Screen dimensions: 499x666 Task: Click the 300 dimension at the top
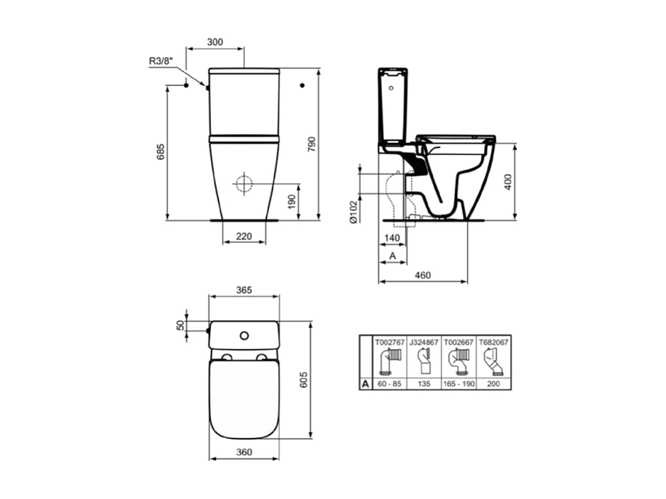pos(214,42)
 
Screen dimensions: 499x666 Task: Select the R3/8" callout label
pos(161,61)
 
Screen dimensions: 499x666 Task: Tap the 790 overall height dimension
pos(311,144)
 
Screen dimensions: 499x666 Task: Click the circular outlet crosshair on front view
pos(243,184)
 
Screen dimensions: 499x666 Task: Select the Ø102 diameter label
pos(353,212)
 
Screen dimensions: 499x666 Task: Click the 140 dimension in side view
pos(392,237)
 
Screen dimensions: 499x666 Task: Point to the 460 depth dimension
pos(422,275)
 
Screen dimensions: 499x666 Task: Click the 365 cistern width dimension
pos(244,290)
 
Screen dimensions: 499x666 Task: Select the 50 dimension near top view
pos(180,326)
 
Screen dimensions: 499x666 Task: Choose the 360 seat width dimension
pos(244,453)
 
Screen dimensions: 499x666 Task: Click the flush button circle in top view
pos(244,335)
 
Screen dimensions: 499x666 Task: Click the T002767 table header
pos(389,343)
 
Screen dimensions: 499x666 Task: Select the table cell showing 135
pos(424,384)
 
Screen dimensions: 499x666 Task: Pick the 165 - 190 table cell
pos(459,384)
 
